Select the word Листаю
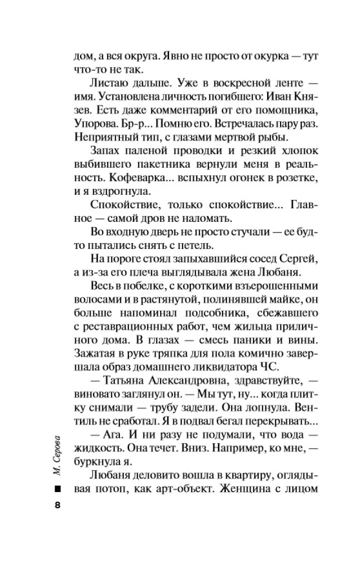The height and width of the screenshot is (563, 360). tap(108, 87)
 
